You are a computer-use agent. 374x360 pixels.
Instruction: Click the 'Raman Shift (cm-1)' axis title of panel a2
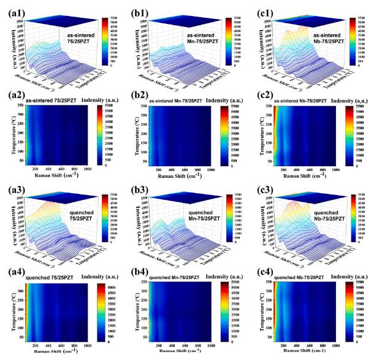(64, 175)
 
